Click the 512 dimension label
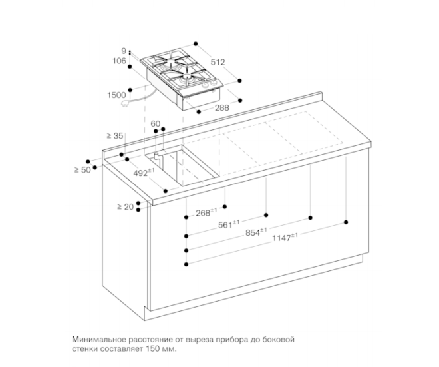pos(218,62)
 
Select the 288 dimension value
pos(222,108)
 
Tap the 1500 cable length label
pos(117,95)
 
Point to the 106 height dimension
pos(120,61)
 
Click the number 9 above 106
pos(124,51)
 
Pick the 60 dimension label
pos(156,124)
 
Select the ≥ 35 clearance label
pos(115,136)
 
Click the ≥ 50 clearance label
pos(82,170)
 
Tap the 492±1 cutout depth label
pos(144,173)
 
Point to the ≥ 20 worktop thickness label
pos(126,207)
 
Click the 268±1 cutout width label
pos(206,212)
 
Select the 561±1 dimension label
pos(229,224)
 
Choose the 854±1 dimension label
pos(256,232)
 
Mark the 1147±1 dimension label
pos(285,238)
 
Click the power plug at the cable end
pos(124,103)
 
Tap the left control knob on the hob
pos(206,85)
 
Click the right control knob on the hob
pos(214,83)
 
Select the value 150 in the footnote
pos(152,349)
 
